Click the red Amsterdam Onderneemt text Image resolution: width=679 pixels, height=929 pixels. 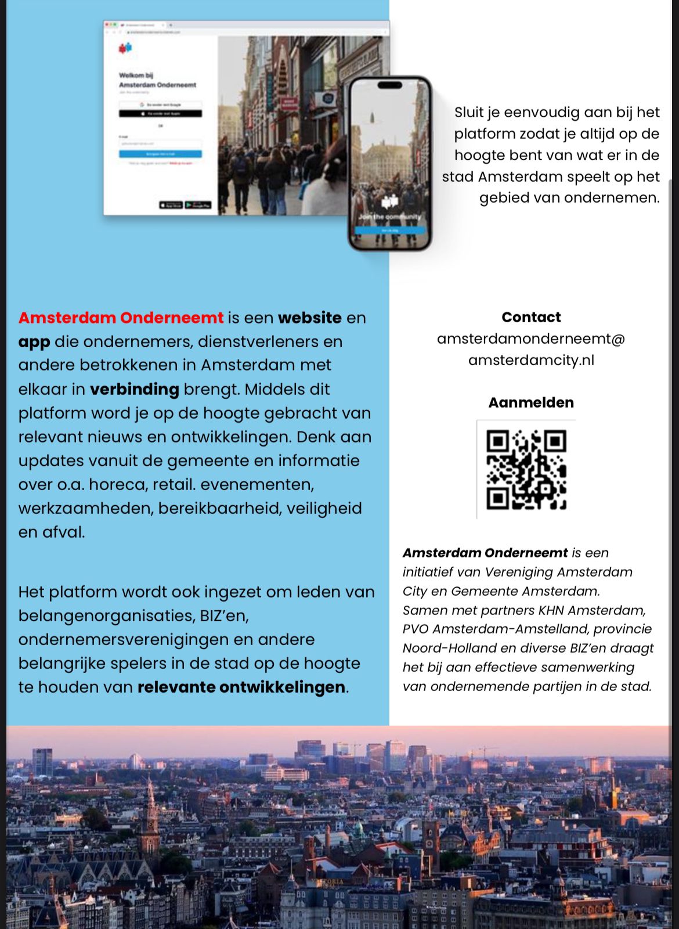coord(121,318)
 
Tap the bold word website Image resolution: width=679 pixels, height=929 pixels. coord(309,318)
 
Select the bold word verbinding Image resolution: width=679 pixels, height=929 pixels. coord(134,389)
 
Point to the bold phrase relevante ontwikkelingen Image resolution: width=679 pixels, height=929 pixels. coord(241,687)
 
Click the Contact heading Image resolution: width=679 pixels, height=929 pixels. coord(531,317)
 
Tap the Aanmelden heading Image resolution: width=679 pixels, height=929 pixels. coord(531,402)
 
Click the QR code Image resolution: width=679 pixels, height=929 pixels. coord(526,470)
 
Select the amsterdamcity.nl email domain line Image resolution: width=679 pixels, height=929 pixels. coord(531,360)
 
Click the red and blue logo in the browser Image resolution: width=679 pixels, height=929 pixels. coord(125,48)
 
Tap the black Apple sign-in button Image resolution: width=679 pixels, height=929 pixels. coord(160,114)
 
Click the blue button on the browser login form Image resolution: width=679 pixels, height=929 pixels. coord(160,154)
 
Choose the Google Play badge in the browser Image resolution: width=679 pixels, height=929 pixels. coord(198,205)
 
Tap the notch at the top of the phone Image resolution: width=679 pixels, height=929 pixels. coord(389,85)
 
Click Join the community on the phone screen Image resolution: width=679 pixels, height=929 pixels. coord(389,217)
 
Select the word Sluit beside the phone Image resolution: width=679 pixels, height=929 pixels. coord(469,112)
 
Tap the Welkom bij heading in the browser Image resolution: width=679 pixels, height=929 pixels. coord(136,75)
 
